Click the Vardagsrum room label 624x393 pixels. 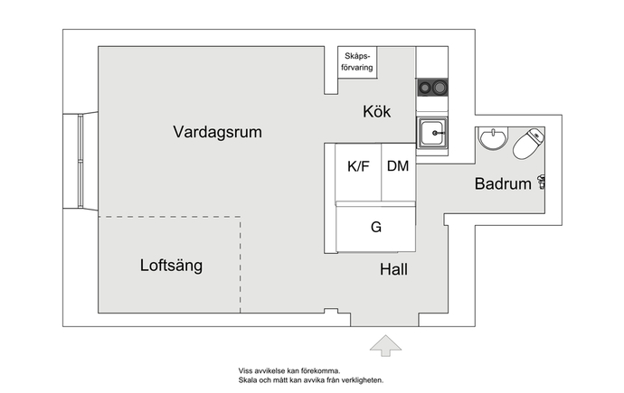[x=217, y=132]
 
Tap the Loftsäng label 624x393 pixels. [x=171, y=266]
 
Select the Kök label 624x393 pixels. [x=376, y=111]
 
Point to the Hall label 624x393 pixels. [x=393, y=269]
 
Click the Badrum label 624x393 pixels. [x=503, y=183]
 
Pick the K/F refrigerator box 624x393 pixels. [x=358, y=173]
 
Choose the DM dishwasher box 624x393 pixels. [x=398, y=173]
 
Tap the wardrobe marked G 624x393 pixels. [x=376, y=229]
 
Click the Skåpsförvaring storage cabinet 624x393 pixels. [x=357, y=62]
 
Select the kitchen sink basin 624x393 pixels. [x=432, y=133]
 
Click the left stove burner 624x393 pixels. [x=425, y=88]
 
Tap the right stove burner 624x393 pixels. [x=440, y=87]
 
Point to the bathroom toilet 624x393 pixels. [x=528, y=144]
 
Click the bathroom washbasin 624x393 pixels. [x=493, y=138]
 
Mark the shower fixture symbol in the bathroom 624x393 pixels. [x=541, y=182]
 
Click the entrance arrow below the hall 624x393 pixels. [x=385, y=345]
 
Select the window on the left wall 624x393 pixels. [x=80, y=161]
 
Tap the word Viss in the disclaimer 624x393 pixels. [x=244, y=370]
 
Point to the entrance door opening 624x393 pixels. [x=384, y=320]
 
